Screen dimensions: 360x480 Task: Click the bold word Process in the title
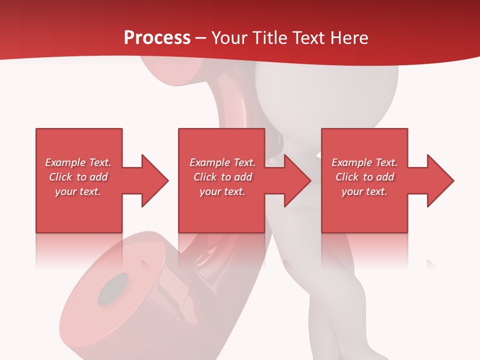coord(157,38)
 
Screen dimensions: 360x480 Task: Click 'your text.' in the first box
coord(78,191)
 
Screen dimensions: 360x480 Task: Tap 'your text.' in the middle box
coord(222,191)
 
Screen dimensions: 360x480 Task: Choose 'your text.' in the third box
coord(364,191)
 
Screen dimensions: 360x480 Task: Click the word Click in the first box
coord(60,177)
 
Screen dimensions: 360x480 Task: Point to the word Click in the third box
coord(347,177)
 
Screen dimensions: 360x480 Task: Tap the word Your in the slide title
coord(228,38)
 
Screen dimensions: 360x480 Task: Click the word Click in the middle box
coord(205,177)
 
